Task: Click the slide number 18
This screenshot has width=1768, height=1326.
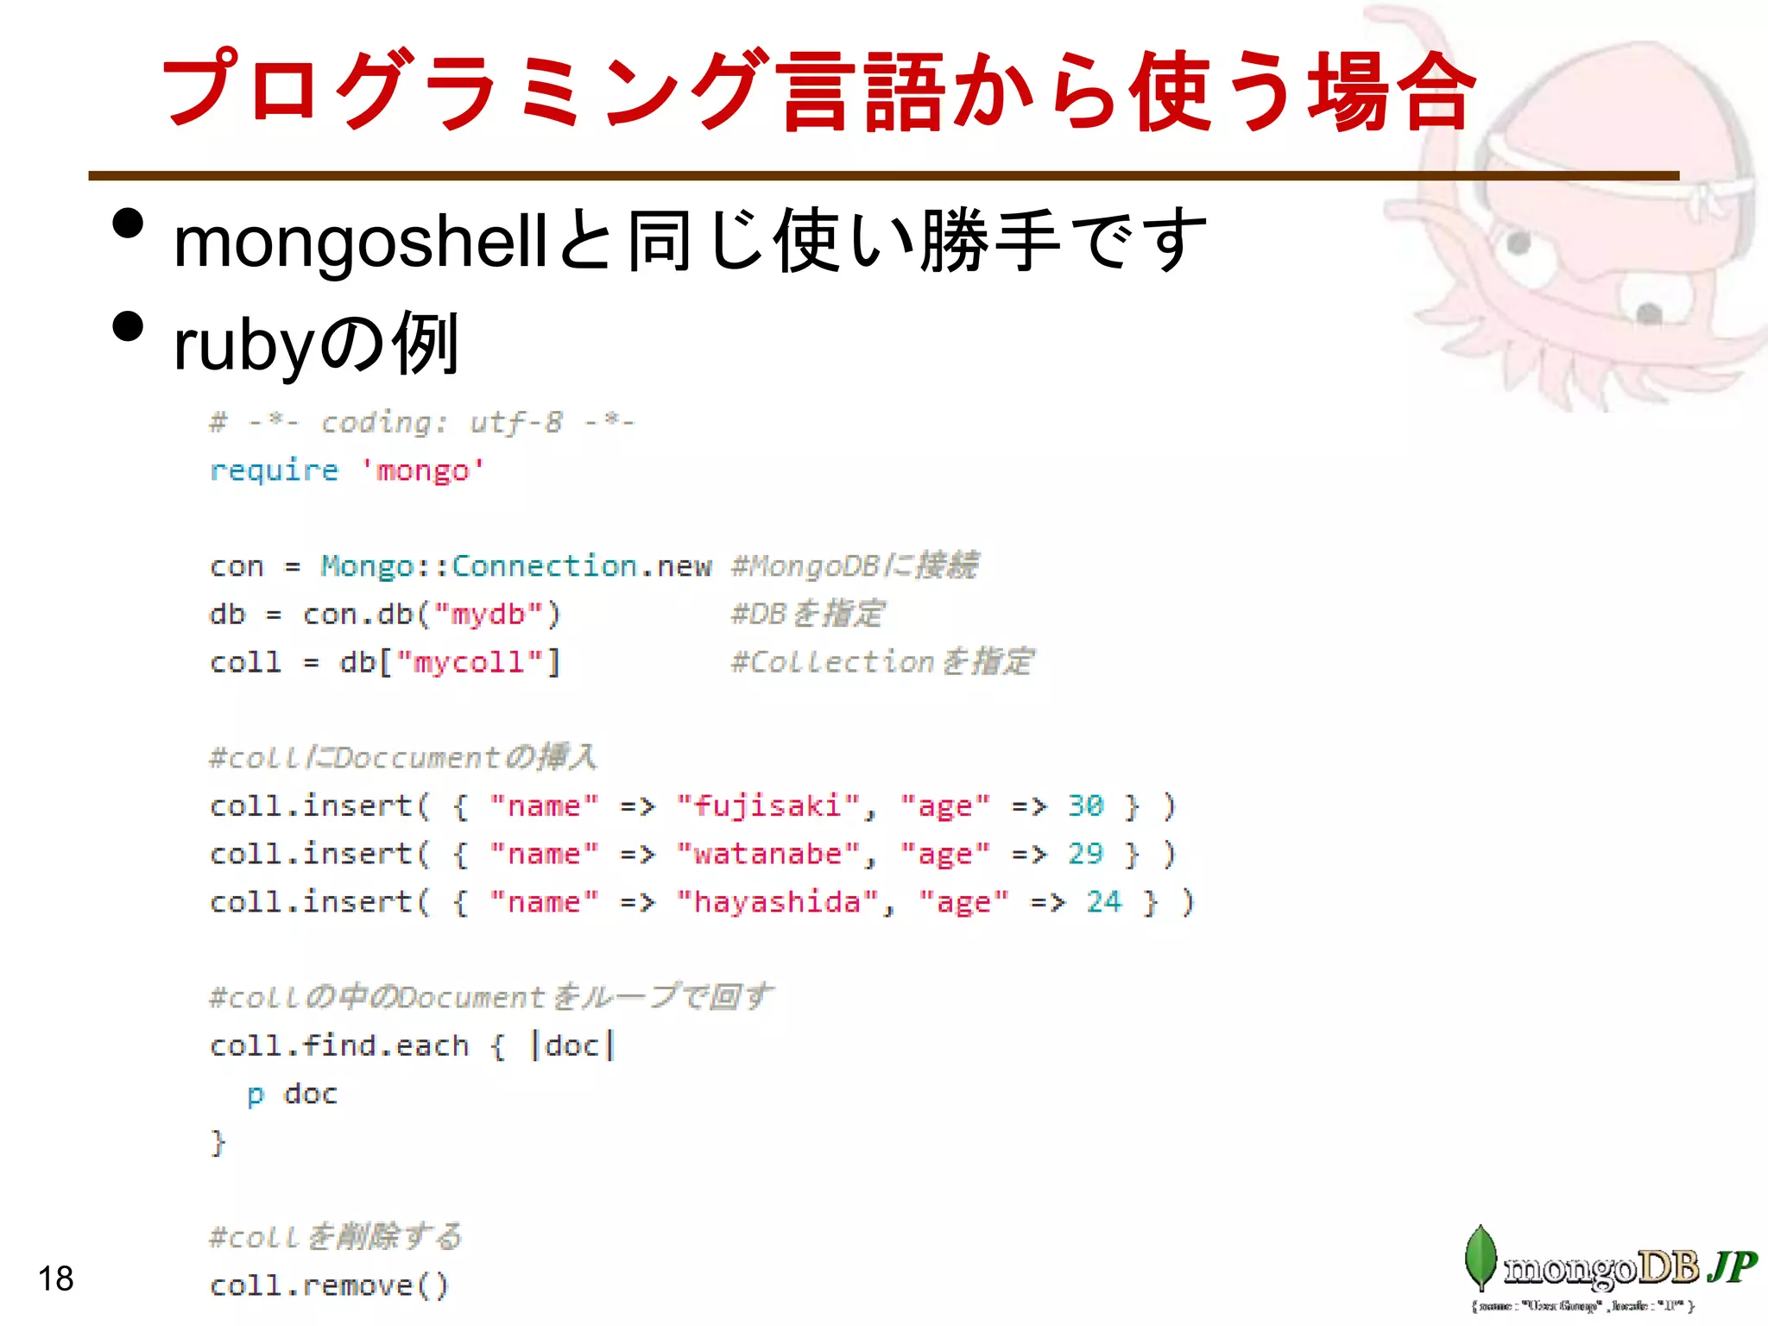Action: tap(56, 1279)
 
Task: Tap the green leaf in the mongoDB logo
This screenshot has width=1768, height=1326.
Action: tap(1481, 1258)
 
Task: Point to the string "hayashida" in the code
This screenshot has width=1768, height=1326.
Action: tap(776, 903)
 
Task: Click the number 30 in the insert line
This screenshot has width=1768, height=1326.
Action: tap(1085, 806)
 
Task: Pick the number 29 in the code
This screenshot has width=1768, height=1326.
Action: tap(1085, 855)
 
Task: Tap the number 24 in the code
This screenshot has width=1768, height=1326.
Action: tap(1104, 903)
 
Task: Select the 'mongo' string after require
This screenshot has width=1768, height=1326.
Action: tap(422, 470)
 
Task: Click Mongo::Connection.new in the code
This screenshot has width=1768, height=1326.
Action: tap(515, 566)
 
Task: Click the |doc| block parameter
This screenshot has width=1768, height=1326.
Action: tap(571, 1046)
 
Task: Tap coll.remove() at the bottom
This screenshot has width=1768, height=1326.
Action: tap(329, 1286)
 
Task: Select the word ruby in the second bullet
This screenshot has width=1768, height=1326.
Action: tap(243, 345)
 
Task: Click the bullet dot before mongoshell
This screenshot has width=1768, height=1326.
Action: tap(128, 224)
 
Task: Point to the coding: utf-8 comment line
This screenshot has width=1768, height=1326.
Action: tap(422, 423)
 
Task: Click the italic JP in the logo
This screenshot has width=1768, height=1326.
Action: tap(1732, 1267)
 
